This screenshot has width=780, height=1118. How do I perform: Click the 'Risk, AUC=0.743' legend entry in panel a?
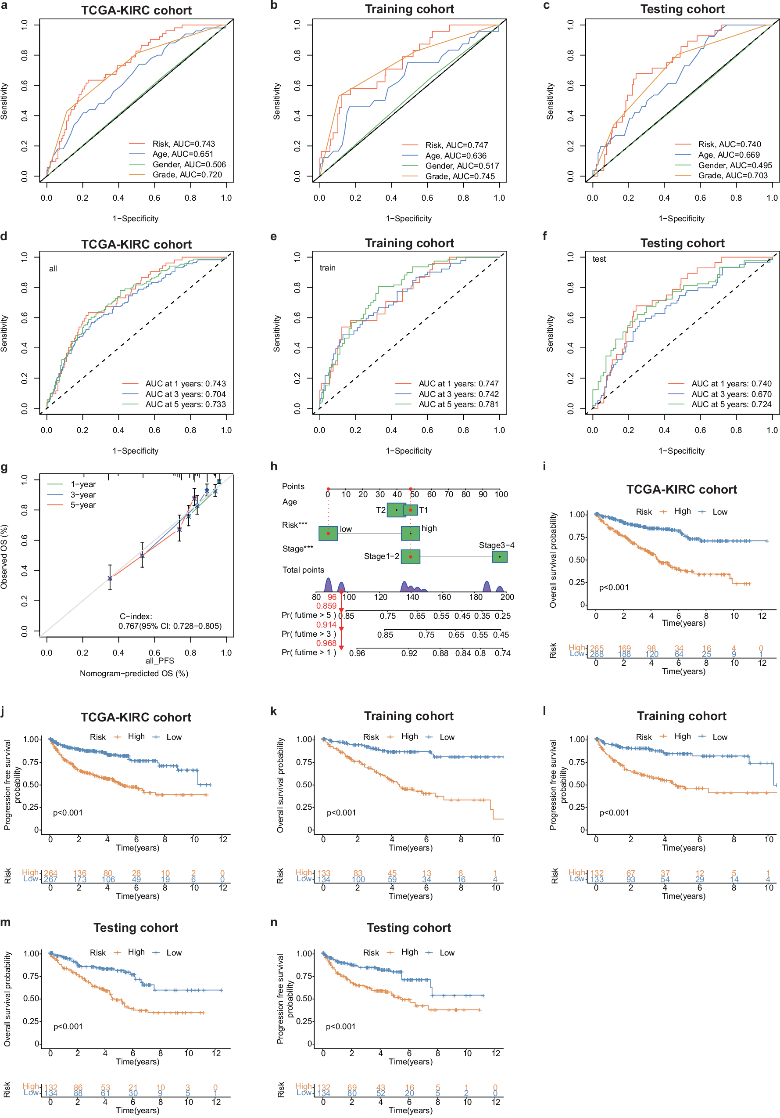tap(183, 144)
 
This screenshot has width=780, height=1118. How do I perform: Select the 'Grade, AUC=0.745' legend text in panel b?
tap(460, 176)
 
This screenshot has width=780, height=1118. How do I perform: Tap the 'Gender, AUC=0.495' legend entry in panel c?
tap(735, 165)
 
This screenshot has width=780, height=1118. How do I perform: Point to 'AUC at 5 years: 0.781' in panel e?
tap(458, 404)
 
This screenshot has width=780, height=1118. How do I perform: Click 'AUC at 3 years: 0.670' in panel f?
tap(731, 394)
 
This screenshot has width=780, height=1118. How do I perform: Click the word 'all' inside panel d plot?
tap(53, 269)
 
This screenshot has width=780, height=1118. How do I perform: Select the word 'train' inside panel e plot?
tap(327, 268)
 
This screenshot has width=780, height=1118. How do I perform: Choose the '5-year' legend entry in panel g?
tap(83, 505)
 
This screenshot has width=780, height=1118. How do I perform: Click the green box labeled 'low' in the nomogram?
tap(329, 533)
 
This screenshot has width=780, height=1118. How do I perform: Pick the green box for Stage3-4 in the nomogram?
tap(500, 556)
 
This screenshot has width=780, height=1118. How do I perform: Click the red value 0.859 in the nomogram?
tap(326, 606)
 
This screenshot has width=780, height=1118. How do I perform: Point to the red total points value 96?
tap(332, 597)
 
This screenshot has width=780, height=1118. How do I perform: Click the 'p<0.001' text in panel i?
tap(614, 588)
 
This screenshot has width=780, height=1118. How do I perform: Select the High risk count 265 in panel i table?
tap(597, 648)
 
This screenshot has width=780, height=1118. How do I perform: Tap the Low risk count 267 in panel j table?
tap(50, 880)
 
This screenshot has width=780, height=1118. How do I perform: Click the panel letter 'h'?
tap(274, 466)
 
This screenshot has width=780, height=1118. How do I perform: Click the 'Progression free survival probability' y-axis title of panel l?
tap(558, 785)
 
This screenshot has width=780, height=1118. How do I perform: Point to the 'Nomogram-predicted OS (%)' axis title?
tap(134, 674)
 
